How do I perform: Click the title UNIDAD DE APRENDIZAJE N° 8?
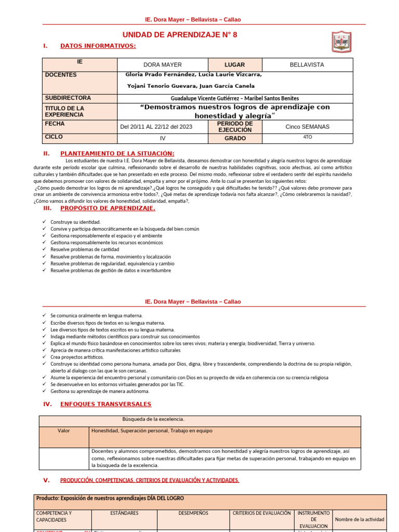pos(175,35)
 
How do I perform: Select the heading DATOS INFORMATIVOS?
pos(98,46)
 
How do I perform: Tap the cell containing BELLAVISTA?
pos(307,65)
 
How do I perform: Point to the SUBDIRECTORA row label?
pos(68,98)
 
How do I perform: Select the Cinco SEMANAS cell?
pos(307,127)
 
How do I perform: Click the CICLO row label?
pos(54,137)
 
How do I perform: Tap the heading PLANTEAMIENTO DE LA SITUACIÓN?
pos(117,153)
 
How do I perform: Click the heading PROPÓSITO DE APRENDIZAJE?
pos(108,208)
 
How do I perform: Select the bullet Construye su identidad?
pos(75,222)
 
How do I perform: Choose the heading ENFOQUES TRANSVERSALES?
pos(106,404)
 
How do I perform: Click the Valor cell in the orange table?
pos(64,431)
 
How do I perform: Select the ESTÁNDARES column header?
pos(124,513)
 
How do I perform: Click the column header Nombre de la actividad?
pos(360,519)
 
